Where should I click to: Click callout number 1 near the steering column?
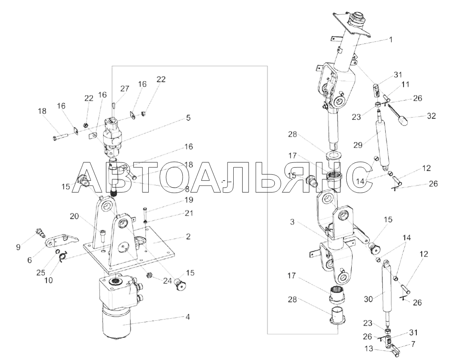point(391,40)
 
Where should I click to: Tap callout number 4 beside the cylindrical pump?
point(188,317)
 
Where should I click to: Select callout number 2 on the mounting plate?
point(188,237)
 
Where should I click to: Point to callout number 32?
point(431,116)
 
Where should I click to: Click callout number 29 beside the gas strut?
point(358,145)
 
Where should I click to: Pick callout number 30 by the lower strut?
point(368,300)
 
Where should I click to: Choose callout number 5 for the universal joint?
point(188,118)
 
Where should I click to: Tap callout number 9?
point(18,247)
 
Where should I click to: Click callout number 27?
point(125,89)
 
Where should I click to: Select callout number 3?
point(292,222)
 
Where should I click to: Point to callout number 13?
point(369,349)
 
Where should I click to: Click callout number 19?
point(189,200)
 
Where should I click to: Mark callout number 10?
point(49,280)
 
